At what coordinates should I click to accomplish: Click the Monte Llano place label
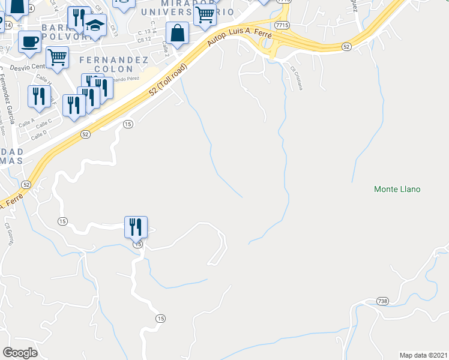click(397, 189)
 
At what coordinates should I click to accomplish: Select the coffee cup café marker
click(29, 42)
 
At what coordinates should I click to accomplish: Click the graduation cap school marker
click(95, 26)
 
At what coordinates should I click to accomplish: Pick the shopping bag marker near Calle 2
click(178, 34)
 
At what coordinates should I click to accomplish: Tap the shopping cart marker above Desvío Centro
click(57, 58)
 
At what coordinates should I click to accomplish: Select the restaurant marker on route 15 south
click(136, 227)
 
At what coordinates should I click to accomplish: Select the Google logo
click(20, 353)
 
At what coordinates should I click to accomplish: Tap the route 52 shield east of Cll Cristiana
click(346, 46)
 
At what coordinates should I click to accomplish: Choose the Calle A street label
click(26, 122)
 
